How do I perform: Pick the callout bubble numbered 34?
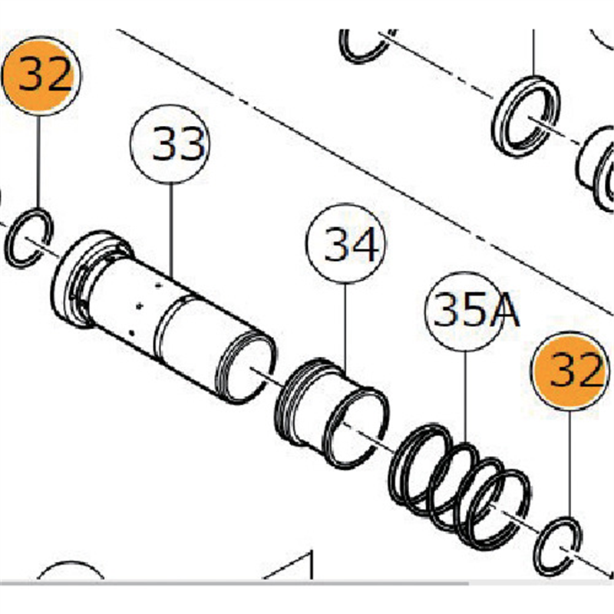pyautogui.click(x=344, y=244)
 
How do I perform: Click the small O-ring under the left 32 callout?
pyautogui.click(x=29, y=238)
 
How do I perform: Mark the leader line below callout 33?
pyautogui.click(x=170, y=230)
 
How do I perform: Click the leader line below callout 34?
pyautogui.click(x=344, y=322)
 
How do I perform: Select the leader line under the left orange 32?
pyautogui.click(x=38, y=161)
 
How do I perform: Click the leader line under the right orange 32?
pyautogui.click(x=569, y=468)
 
